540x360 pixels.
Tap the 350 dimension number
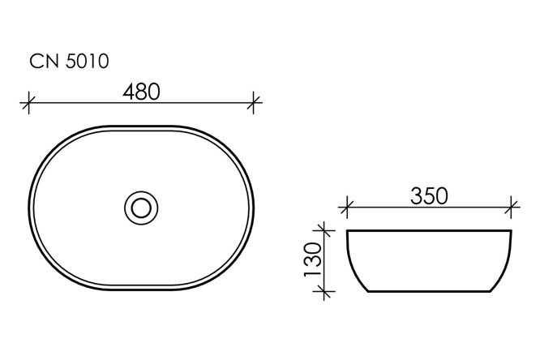tap(430, 195)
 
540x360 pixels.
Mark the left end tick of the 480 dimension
tap(30, 102)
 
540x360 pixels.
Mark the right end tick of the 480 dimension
tap(255, 102)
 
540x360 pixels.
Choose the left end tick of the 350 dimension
tap(348, 207)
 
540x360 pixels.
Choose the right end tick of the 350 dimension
tap(512, 207)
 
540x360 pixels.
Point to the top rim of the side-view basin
tap(430, 232)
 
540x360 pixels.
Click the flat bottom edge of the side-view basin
tap(430, 290)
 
